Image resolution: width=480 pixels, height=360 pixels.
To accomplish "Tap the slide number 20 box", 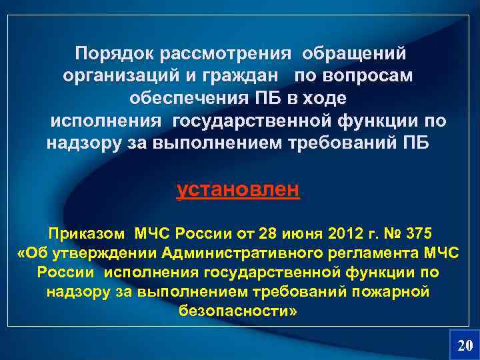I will (464, 344).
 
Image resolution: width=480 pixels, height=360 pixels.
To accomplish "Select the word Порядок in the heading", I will (112, 53).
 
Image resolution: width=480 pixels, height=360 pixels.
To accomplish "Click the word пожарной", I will (397, 292).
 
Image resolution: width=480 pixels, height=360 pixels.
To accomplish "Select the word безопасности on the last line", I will (236, 311).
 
